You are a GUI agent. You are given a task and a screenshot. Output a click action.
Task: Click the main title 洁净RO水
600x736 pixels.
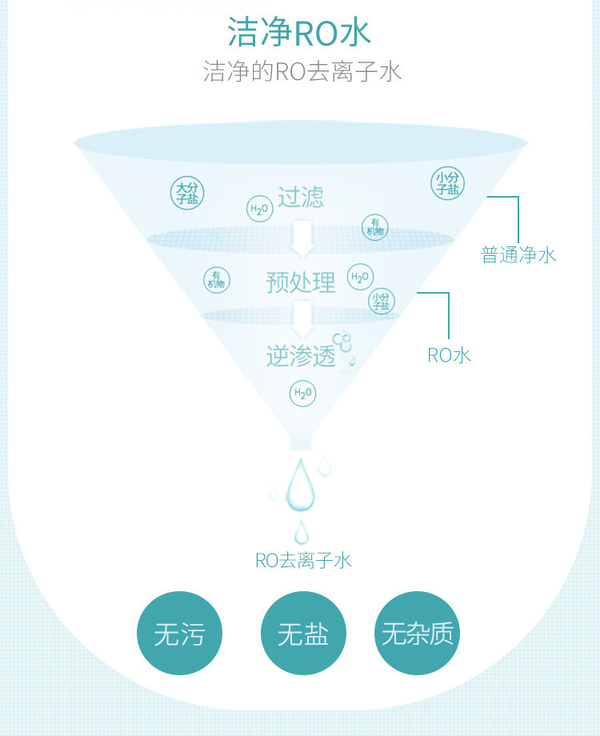click(299, 34)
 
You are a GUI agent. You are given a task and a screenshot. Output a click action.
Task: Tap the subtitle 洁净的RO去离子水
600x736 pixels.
click(302, 72)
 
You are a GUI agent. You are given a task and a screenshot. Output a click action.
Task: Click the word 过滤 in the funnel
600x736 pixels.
click(301, 197)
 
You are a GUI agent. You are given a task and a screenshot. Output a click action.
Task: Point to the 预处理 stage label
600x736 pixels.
click(301, 282)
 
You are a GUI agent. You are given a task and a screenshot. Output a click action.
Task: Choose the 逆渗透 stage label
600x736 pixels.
click(301, 356)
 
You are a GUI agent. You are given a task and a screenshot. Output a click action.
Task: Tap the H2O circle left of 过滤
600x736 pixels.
click(259, 210)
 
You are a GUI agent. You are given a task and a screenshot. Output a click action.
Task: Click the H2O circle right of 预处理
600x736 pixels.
click(360, 278)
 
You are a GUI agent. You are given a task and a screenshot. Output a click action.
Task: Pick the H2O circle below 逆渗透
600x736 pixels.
click(302, 393)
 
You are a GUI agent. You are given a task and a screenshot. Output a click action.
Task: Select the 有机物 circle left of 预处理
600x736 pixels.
click(216, 279)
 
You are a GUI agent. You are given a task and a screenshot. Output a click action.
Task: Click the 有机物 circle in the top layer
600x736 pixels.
click(375, 226)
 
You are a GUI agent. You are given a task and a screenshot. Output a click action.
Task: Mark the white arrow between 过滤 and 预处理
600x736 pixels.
click(302, 234)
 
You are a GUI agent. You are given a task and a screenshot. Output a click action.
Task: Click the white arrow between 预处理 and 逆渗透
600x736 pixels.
click(302, 318)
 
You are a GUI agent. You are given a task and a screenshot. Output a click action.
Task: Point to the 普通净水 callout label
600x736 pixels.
click(518, 255)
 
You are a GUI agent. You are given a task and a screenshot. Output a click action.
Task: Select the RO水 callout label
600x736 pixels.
click(450, 355)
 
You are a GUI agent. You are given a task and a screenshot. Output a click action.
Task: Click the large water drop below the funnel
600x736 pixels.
click(301, 485)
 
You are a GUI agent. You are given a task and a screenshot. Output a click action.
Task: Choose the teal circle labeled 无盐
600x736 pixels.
click(303, 634)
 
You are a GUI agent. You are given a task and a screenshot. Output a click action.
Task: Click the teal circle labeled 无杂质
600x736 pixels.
click(417, 634)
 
